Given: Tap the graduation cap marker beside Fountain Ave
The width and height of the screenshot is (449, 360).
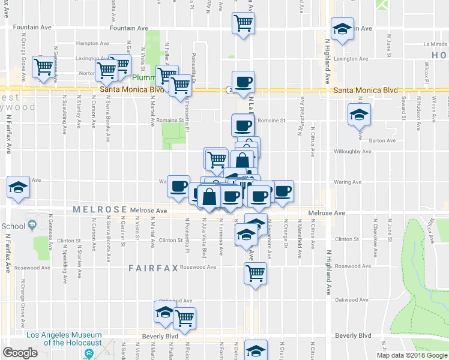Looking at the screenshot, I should coord(342,30).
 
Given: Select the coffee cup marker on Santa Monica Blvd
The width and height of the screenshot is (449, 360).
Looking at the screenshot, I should coord(243,82).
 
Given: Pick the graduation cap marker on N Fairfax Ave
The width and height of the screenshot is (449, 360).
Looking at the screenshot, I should coord(18,187).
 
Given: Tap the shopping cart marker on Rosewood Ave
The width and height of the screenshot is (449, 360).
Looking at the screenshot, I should coord(255,274).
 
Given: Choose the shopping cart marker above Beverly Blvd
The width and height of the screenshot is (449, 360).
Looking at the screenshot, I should coord(184,318).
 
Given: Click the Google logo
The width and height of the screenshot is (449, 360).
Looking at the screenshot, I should coord(20,353).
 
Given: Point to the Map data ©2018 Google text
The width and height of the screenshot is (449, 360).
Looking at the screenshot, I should coord(411,355).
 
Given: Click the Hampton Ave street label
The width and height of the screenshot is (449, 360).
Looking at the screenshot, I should coord(92,44).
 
